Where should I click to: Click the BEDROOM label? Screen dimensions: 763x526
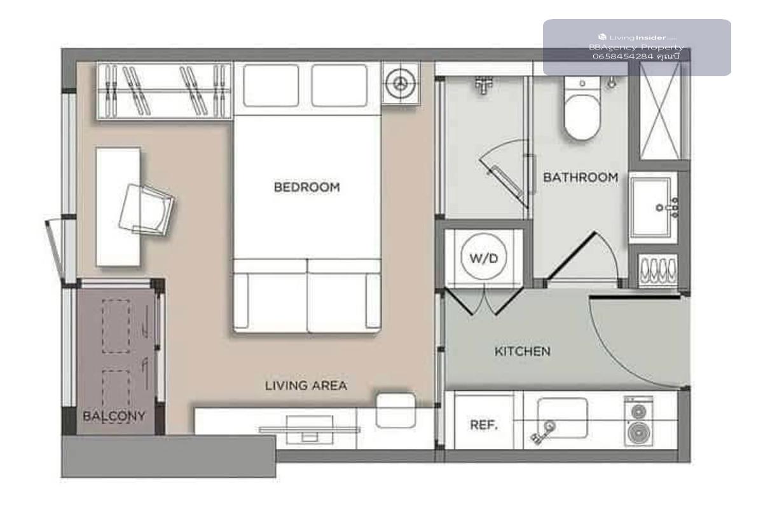pos(307,187)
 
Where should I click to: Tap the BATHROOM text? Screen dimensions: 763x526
pos(581,177)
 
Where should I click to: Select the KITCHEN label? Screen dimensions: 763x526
pos(523,351)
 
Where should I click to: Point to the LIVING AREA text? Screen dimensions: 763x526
pos(306,386)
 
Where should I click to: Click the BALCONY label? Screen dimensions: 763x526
pos(114,415)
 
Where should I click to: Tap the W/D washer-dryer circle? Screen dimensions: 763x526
pos(484,257)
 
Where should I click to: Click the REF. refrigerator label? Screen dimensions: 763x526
pos(484,424)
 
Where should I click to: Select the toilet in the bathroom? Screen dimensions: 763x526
pos(582,108)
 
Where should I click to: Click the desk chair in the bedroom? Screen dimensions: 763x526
pos(146,210)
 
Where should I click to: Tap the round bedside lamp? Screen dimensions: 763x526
pos(401,83)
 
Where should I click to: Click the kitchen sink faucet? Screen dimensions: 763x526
pos(544,432)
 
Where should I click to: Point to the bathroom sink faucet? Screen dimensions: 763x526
pos(668,207)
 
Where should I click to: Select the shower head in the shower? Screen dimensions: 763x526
pos(483,84)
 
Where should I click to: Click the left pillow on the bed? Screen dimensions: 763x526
pos(271,85)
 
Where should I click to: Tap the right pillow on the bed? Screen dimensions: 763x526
pos(340,85)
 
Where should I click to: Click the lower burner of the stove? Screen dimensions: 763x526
pos(638,433)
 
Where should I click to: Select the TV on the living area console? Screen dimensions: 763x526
pos(309,430)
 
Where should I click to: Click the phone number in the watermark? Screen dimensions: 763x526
pos(623,57)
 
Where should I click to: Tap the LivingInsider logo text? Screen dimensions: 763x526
pos(637,37)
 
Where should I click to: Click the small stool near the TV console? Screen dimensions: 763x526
pos(395,410)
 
